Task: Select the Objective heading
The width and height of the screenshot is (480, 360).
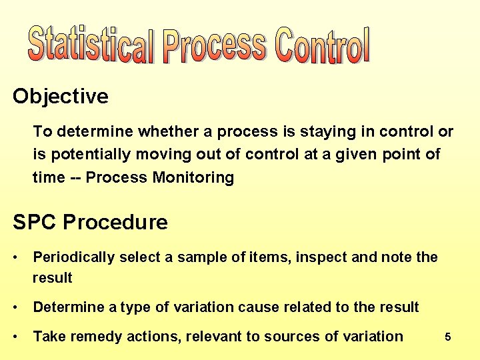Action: point(61,97)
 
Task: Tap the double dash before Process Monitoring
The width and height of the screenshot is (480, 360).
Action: point(72,177)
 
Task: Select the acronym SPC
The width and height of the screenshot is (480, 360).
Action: point(34,222)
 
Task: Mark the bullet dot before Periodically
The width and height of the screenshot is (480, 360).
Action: point(16,257)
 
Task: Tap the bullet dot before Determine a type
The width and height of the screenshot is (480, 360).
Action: point(16,307)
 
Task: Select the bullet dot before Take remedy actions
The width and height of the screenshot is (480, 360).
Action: point(16,337)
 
